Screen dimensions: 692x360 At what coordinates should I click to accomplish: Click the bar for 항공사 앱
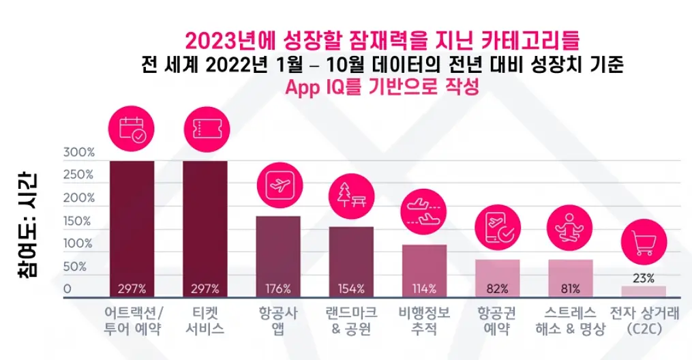pyautogui.click(x=278, y=256)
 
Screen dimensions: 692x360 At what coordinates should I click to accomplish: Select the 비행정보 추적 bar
pyautogui.click(x=424, y=271)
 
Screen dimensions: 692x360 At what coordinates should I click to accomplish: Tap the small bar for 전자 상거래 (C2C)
pyautogui.click(x=644, y=292)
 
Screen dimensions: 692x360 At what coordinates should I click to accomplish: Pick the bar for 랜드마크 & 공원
pyautogui.click(x=351, y=262)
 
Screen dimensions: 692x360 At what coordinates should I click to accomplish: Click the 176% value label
pyautogui.click(x=278, y=289)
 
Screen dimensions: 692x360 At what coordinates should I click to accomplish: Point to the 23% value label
pyautogui.click(x=644, y=278)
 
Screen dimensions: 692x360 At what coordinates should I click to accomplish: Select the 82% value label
pyautogui.click(x=498, y=289)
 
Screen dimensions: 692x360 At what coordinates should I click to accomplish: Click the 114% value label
pyautogui.click(x=424, y=289)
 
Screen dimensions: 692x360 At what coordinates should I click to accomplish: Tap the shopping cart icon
pyautogui.click(x=644, y=242)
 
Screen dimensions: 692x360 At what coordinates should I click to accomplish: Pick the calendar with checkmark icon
pyautogui.click(x=132, y=129)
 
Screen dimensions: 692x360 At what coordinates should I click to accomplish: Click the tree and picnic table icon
pyautogui.click(x=351, y=196)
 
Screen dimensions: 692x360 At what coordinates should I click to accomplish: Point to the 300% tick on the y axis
pyautogui.click(x=79, y=152)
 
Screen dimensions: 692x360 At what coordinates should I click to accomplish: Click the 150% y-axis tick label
pyautogui.click(x=77, y=221)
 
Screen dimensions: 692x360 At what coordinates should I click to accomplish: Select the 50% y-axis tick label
pyautogui.click(x=75, y=267)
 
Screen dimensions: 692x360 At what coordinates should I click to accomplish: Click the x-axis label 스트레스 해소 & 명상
pyautogui.click(x=570, y=321)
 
